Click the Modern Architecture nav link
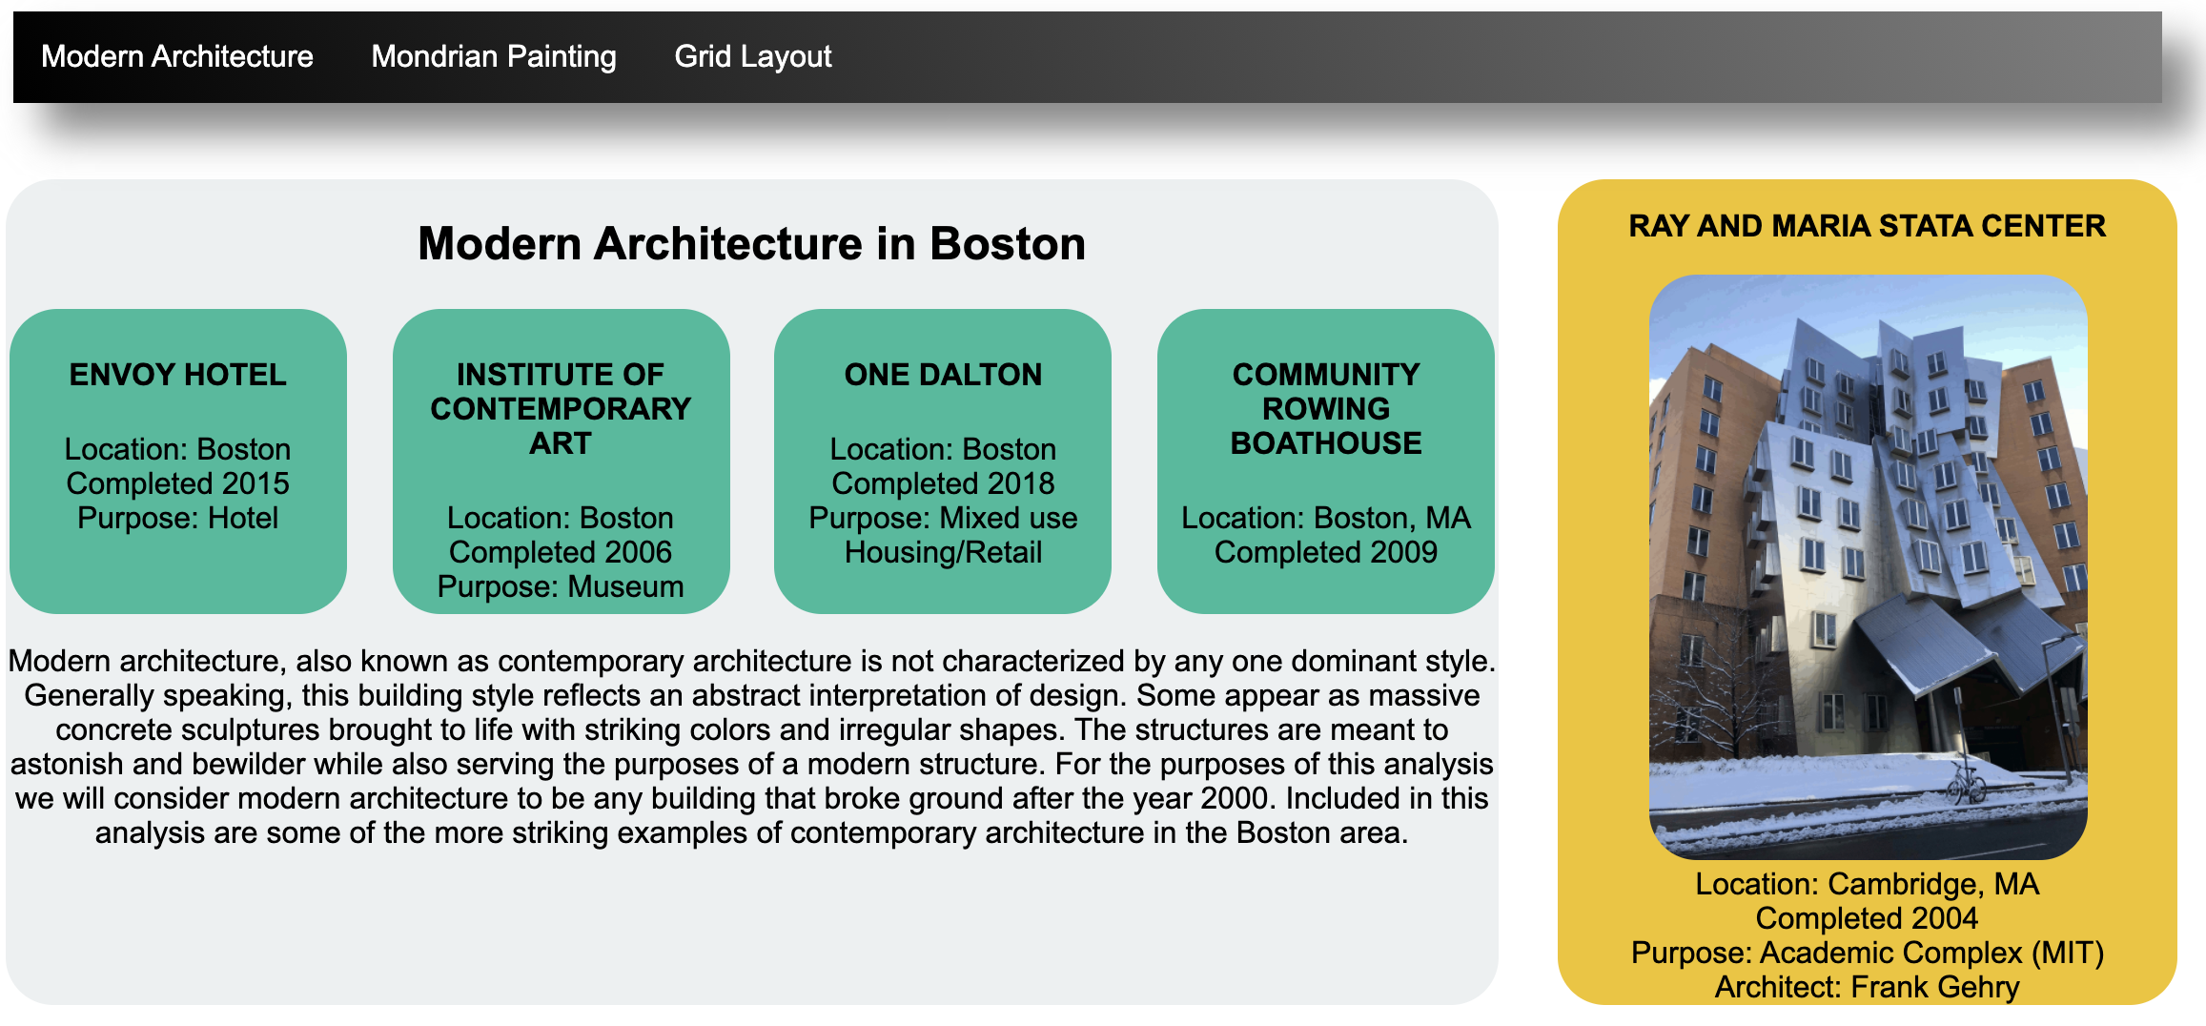[177, 56]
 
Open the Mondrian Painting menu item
[494, 56]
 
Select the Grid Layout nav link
[753, 56]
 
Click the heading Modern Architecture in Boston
[752, 243]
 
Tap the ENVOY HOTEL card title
[178, 375]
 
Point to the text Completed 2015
[178, 483]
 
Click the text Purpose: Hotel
[178, 518]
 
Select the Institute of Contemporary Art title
[561, 409]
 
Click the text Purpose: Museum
[561, 586]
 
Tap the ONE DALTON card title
[944, 375]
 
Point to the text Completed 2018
[944, 483]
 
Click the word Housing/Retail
[944, 552]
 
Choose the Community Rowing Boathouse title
[1326, 409]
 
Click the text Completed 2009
[1326, 552]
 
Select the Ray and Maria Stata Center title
[1868, 226]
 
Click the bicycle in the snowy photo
[1965, 781]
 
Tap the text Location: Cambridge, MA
[1868, 884]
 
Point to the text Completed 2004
[1868, 918]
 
